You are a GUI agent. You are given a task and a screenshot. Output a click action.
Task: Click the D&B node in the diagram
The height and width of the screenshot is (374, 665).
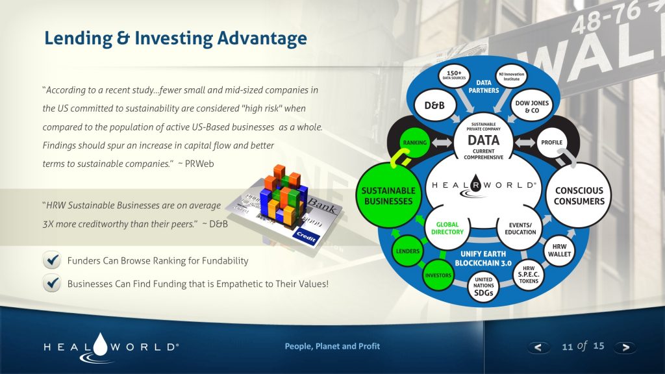click(434, 106)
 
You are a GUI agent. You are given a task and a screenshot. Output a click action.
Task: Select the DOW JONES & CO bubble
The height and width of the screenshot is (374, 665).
click(531, 106)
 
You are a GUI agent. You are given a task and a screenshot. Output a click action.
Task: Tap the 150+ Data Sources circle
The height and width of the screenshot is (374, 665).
click(455, 75)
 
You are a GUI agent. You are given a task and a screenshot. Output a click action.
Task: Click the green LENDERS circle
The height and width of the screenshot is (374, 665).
click(407, 251)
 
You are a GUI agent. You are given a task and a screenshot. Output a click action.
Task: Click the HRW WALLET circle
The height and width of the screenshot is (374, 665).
click(559, 251)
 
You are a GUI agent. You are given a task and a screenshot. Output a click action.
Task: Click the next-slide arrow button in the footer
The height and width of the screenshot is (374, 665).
click(625, 347)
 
